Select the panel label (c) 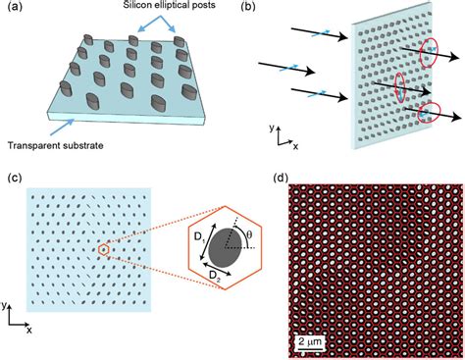tap(12, 178)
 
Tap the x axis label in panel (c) tap(29, 331)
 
